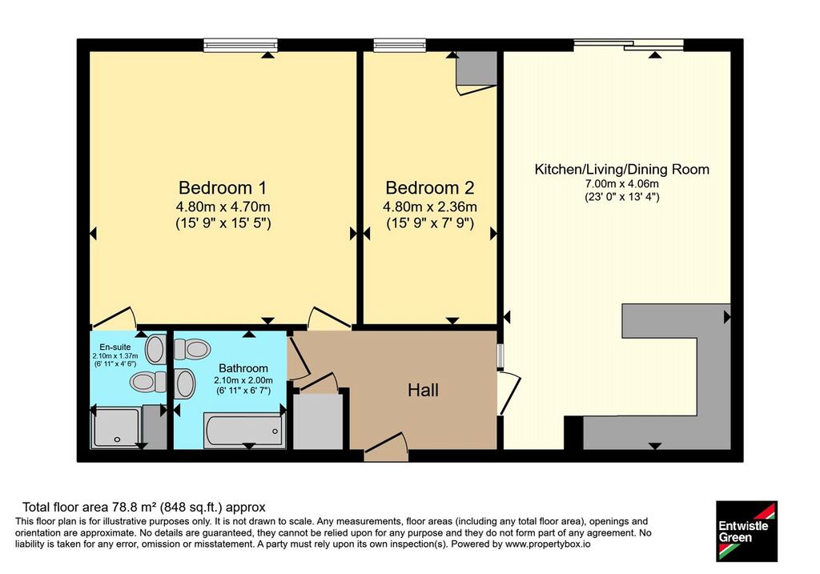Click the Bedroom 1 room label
tap(223, 187)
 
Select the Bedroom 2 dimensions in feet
tap(430, 223)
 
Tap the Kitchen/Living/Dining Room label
tap(621, 170)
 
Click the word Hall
tap(423, 390)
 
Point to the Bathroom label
tap(243, 368)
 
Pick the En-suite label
tap(115, 347)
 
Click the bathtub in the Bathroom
tap(244, 430)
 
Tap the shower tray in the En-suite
tap(115, 427)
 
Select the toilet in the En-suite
tap(148, 382)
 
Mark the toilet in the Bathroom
tap(191, 349)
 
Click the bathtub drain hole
tap(275, 432)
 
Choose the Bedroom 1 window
tap(240, 46)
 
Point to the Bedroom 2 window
tap(400, 46)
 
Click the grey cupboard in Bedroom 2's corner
tap(476, 68)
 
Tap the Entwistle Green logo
tap(747, 531)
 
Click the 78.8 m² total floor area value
tap(135, 507)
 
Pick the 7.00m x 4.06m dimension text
tap(621, 184)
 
